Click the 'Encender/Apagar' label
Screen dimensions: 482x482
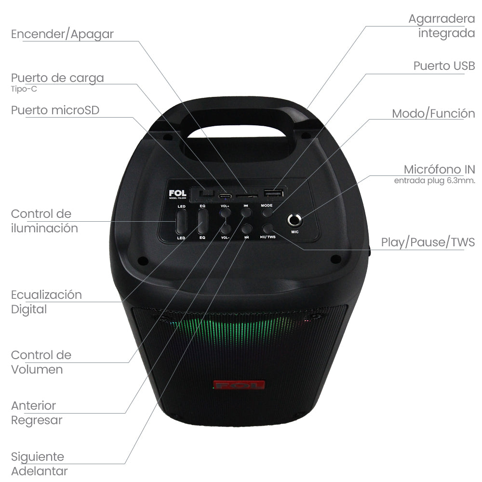coord(62,34)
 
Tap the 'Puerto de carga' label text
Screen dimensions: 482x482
coord(57,78)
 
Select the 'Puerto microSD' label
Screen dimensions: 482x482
coord(55,110)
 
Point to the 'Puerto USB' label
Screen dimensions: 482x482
coord(444,66)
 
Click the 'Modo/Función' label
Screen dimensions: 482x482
coord(433,114)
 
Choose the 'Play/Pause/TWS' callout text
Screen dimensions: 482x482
coord(428,242)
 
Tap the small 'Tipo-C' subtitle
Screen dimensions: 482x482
coord(24,89)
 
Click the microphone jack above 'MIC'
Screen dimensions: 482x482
coord(295,220)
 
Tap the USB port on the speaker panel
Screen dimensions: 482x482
coord(273,193)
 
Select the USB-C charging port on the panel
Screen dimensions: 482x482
coord(224,196)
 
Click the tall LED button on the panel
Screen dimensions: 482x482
coord(181,222)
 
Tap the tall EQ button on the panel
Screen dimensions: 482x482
coord(202,222)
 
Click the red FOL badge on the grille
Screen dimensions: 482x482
coord(239,386)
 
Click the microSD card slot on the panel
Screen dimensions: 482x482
coord(246,196)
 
